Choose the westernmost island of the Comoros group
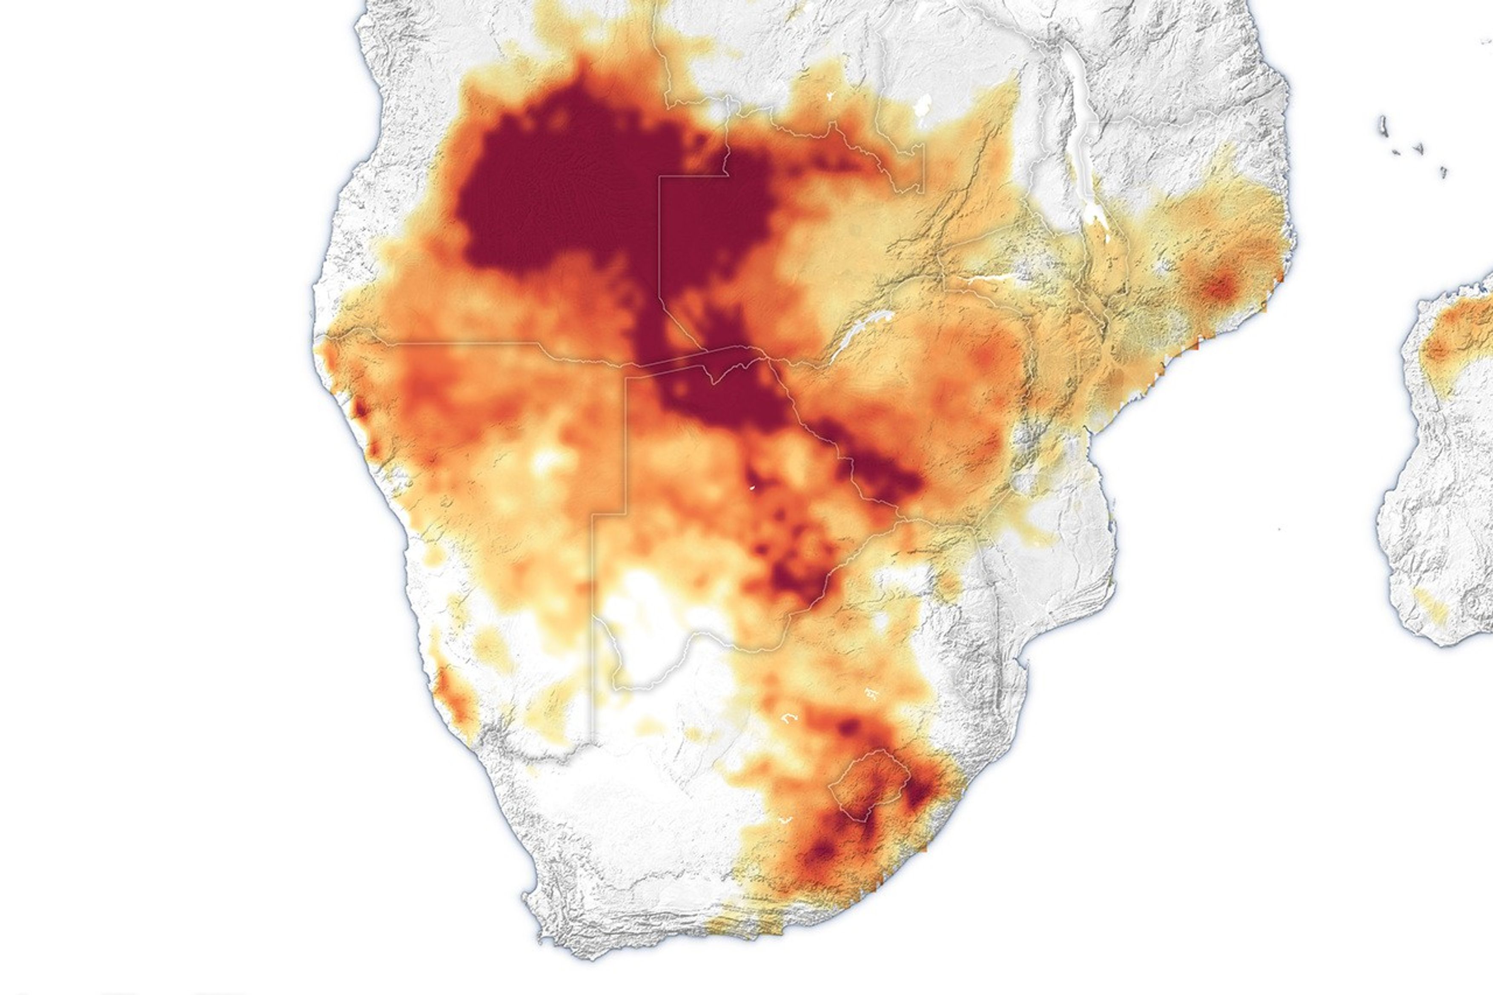tap(1382, 124)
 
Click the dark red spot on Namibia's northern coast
tap(360, 409)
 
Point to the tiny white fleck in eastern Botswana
tap(750, 488)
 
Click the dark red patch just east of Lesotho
tap(920, 791)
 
